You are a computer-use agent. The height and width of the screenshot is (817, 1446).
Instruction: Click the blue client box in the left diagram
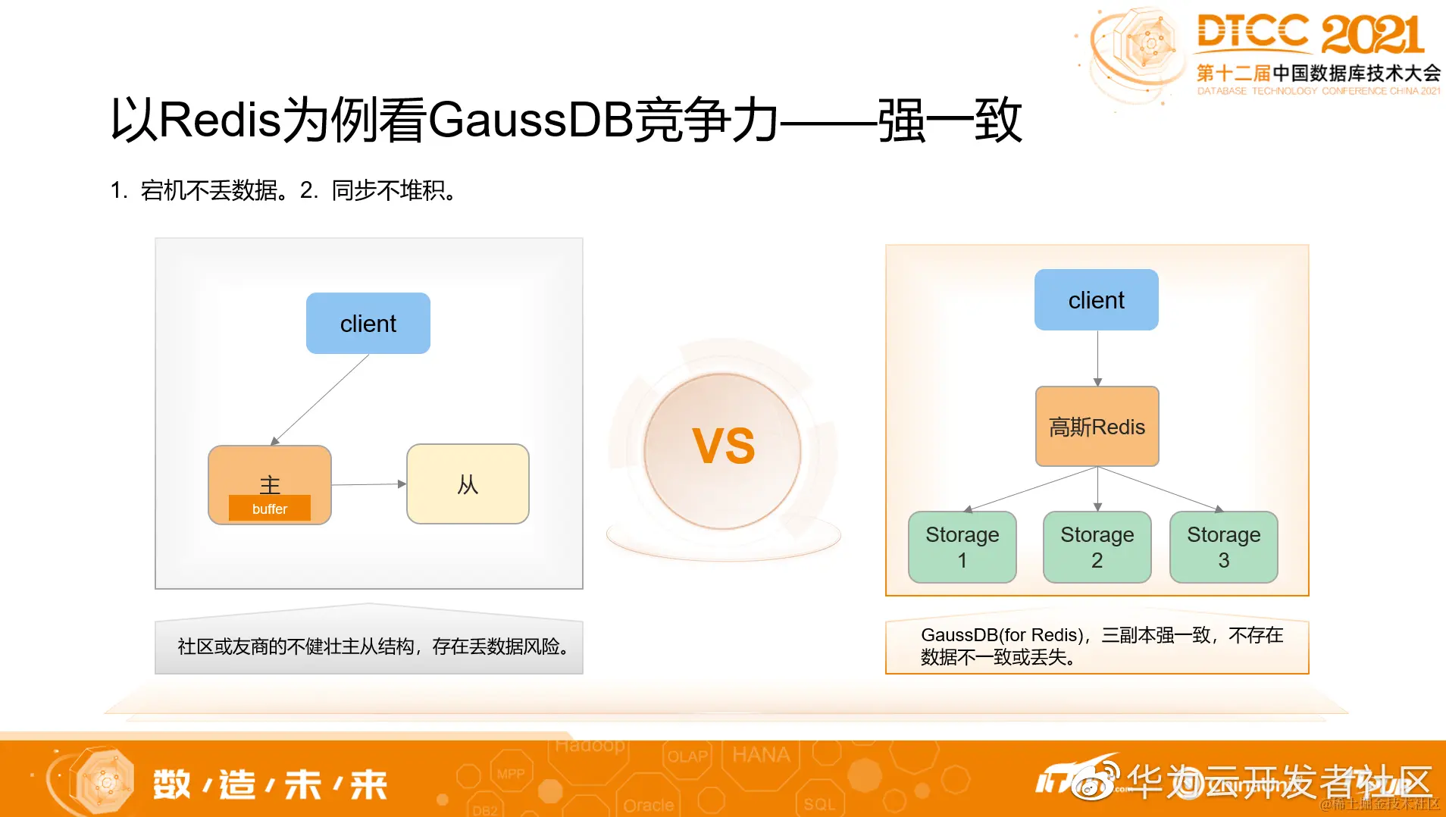click(368, 324)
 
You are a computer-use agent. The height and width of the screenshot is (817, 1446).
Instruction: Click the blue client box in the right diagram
click(1096, 300)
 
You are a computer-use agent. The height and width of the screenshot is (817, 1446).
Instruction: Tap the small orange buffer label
click(270, 509)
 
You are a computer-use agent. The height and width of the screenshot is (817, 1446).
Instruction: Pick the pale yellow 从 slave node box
click(468, 484)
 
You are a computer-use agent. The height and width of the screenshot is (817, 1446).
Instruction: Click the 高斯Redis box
click(1097, 427)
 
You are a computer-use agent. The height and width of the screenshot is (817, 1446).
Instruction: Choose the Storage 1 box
click(962, 547)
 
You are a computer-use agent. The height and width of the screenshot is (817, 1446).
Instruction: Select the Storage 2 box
click(1097, 547)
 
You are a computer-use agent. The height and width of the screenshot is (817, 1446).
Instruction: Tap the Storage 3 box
click(1223, 547)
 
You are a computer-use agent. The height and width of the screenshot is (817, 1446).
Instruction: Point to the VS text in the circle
click(724, 446)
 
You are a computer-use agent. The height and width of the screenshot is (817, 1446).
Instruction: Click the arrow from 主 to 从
click(368, 484)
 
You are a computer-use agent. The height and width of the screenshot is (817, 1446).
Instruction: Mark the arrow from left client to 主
click(321, 399)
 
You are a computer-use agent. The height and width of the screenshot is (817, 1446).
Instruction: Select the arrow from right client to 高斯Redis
click(1097, 358)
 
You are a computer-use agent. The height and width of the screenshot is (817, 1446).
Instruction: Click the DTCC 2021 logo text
click(1310, 34)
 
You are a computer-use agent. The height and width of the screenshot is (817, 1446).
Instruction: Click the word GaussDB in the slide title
click(531, 121)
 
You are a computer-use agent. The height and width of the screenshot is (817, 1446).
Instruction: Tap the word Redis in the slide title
click(220, 121)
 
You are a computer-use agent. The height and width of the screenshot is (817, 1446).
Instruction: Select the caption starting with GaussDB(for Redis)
click(1100, 646)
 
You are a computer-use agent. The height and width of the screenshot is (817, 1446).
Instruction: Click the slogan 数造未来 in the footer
click(270, 784)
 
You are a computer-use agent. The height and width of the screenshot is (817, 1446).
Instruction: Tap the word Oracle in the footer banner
click(648, 805)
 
